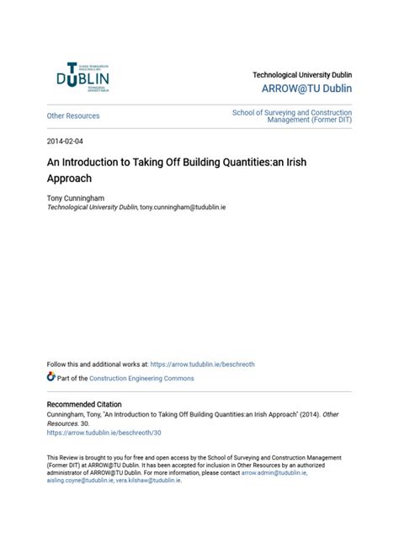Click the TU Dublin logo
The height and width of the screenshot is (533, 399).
82,78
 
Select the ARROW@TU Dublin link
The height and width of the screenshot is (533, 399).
306,89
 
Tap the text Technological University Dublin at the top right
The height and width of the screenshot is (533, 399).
302,75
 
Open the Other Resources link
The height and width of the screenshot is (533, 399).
73,116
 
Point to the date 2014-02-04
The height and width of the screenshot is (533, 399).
67,141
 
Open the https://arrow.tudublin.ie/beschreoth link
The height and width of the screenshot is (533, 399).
202,364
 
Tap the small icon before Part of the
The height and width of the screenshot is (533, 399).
51,378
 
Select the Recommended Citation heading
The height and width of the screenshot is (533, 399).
84,405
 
